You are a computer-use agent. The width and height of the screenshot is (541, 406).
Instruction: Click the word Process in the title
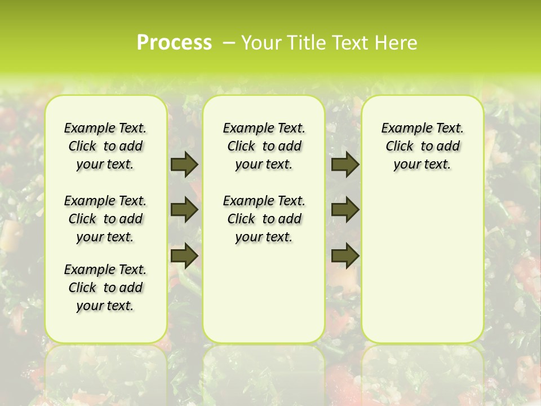click(174, 42)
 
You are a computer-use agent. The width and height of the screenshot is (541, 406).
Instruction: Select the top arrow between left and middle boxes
click(184, 165)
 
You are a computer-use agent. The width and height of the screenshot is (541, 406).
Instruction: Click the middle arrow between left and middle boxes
click(184, 210)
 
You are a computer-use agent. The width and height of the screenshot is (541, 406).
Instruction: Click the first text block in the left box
click(105, 146)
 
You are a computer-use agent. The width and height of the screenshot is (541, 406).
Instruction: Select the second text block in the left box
click(105, 219)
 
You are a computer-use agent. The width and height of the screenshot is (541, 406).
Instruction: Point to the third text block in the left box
click(105, 288)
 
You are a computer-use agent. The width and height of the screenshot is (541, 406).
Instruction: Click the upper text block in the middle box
click(264, 146)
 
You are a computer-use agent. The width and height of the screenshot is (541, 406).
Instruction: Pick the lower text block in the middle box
click(264, 219)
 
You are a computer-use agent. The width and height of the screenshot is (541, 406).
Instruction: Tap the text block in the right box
click(422, 146)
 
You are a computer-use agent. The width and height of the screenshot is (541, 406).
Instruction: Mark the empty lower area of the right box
click(422, 265)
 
